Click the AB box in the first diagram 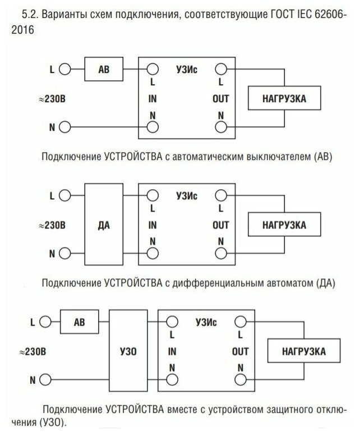click(x=104, y=70)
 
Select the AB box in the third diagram click(x=80, y=323)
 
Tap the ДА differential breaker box click(x=104, y=225)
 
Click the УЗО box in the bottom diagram click(x=128, y=352)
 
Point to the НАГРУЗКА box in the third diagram click(x=304, y=352)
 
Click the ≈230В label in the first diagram click(x=53, y=99)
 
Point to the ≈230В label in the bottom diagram click(x=33, y=352)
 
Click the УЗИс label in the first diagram click(x=187, y=70)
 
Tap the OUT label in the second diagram click(x=221, y=225)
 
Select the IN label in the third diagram click(x=172, y=352)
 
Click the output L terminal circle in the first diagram click(x=221, y=70)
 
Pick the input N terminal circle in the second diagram click(x=152, y=254)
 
